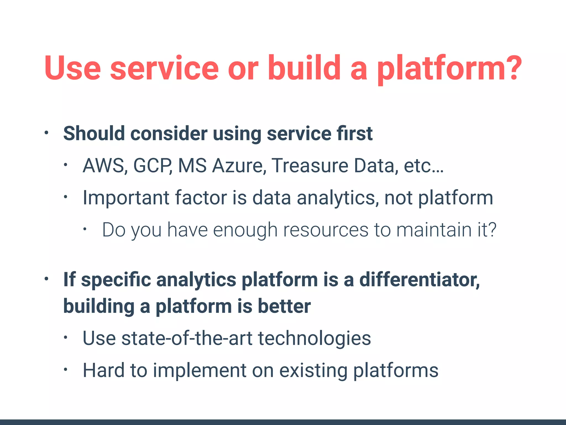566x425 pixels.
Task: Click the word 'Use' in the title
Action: click(x=72, y=68)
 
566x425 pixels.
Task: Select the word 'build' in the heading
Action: click(x=304, y=68)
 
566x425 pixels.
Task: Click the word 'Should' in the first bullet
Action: click(x=94, y=134)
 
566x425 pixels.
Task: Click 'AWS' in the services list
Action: click(x=105, y=166)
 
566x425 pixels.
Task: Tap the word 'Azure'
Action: click(x=237, y=166)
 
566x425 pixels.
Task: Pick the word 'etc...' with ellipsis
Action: click(x=423, y=166)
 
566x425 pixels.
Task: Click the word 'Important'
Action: click(x=126, y=198)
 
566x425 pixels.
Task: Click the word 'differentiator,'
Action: click(x=420, y=280)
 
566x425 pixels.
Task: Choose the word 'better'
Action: click(x=284, y=306)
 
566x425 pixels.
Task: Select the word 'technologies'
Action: click(x=314, y=338)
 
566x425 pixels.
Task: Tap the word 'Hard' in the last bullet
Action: click(x=104, y=370)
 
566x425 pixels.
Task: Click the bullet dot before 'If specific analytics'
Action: click(x=46, y=279)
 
